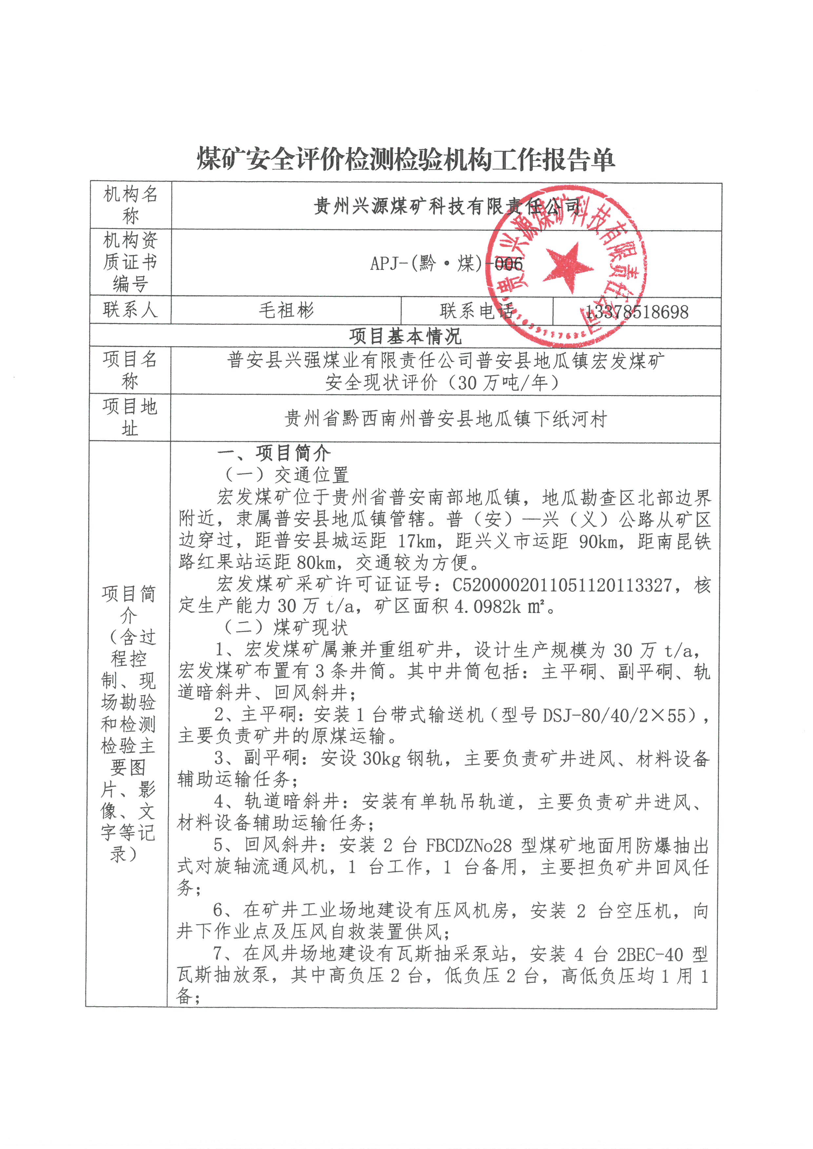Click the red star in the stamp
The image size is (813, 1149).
coord(567,265)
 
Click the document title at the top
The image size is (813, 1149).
coord(406,160)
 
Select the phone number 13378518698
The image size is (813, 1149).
coord(637,312)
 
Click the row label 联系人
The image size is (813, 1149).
coord(130,310)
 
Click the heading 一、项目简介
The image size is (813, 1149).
coord(274,453)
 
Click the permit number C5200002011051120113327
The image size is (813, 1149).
coord(562,584)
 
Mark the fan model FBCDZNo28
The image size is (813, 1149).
coord(468,846)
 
